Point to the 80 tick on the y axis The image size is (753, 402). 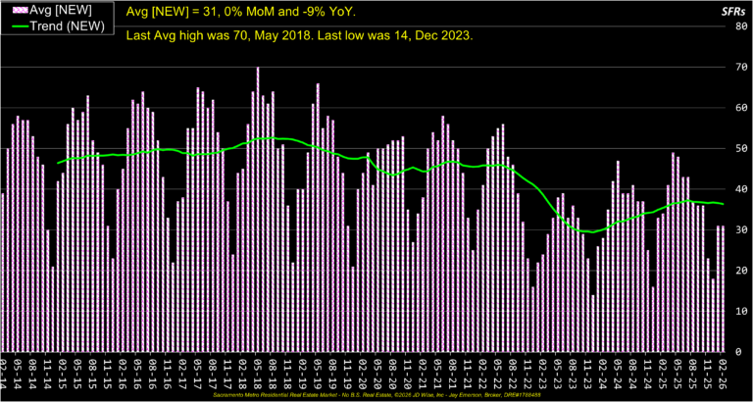coord(743,26)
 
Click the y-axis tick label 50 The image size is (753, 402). coord(743,149)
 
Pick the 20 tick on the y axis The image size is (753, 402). coord(743,271)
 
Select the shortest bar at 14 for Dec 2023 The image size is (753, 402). coord(593,324)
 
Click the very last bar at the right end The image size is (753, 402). coord(724,289)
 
